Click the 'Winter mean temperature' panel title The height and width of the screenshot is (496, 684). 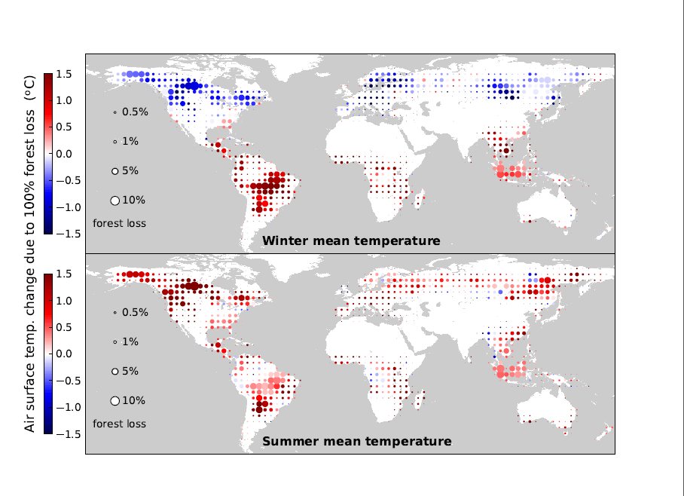(351, 241)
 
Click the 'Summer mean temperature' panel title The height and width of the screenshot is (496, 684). (357, 441)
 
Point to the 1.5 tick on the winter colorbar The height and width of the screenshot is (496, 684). (63, 74)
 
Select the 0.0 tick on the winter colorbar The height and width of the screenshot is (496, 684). (63, 154)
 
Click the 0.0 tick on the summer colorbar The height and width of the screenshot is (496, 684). (63, 354)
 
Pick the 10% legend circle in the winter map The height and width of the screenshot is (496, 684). (115, 200)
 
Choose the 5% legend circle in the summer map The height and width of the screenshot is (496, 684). (115, 371)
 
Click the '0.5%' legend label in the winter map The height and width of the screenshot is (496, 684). (135, 112)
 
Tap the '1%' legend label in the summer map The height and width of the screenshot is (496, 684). (130, 342)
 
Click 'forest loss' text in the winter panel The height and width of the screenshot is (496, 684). (119, 223)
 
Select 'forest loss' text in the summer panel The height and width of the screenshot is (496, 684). (119, 424)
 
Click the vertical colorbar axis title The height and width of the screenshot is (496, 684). (30, 253)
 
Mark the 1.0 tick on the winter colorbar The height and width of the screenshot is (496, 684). (63, 100)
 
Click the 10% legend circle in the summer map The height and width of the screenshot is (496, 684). (115, 400)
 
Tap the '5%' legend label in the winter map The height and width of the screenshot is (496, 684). (130, 171)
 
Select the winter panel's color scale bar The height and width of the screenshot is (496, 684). (47, 154)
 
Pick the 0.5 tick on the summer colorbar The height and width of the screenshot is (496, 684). (63, 327)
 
